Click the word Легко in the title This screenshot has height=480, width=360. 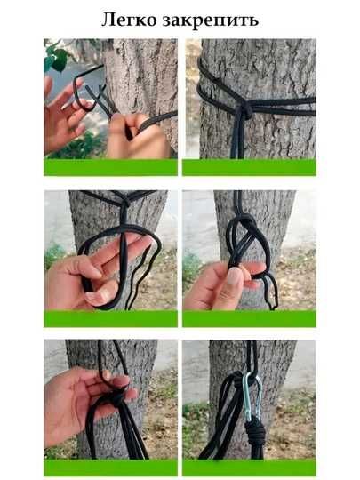[129, 20]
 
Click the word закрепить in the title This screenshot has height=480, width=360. [211, 20]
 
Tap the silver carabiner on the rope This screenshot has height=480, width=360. [252, 396]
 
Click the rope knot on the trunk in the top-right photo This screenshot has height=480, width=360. [244, 109]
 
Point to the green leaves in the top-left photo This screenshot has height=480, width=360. [57, 58]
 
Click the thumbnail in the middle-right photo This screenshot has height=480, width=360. [235, 276]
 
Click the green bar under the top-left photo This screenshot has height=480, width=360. [110, 167]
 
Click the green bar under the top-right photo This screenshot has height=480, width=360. [249, 167]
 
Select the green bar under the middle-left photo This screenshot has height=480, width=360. [110, 319]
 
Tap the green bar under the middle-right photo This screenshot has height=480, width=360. [249, 319]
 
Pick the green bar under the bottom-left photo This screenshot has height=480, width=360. [110, 468]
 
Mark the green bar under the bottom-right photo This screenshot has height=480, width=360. [249, 468]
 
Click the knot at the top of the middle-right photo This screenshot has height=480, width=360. [245, 223]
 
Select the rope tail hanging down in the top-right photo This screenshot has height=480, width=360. [237, 138]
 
